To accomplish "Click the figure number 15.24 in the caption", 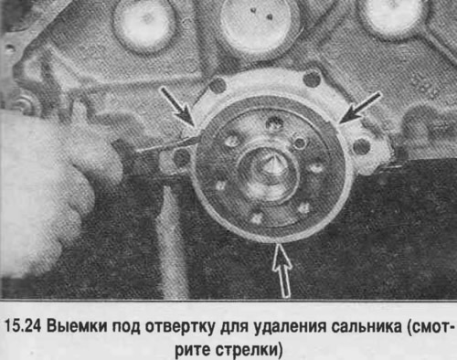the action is point(23,327).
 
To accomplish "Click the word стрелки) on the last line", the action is point(249,350).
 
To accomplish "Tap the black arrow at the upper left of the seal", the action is point(178,107).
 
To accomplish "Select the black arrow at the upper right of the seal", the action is point(360,108).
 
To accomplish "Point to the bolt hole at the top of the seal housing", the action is point(312,79).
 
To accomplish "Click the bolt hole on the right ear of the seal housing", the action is point(362,147).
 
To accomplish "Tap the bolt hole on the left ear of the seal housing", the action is point(182,158).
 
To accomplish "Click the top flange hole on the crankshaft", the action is point(275,123).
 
